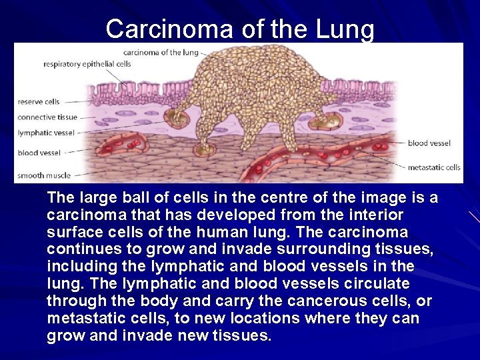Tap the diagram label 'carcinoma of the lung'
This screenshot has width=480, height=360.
tap(161, 52)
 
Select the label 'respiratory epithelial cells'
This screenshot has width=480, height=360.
tap(87, 64)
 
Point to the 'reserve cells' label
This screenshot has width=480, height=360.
tap(39, 102)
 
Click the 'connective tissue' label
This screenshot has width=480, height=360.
tap(48, 117)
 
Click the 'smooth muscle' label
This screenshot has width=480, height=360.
tap(44, 176)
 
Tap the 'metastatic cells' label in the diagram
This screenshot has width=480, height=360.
tap(434, 167)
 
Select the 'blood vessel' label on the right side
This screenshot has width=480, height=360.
tap(429, 143)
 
